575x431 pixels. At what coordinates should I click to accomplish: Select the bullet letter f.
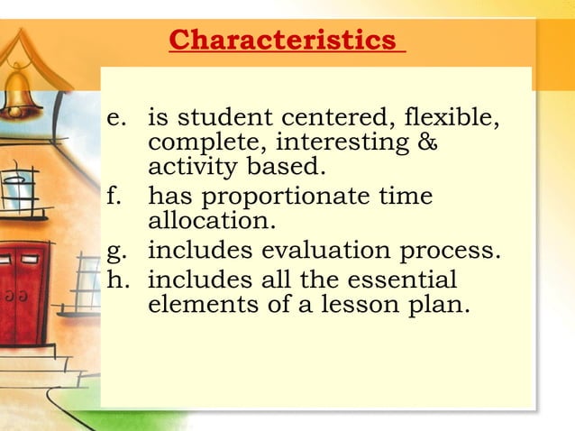[x=113, y=196]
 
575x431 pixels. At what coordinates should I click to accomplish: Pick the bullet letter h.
[x=115, y=279]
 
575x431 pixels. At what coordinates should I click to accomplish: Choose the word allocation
[x=198, y=220]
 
